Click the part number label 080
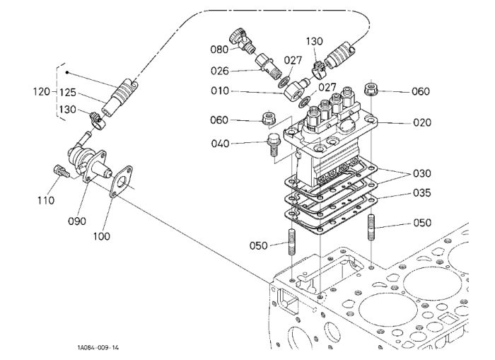[x=219, y=50]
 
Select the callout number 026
[x=219, y=71]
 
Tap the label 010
[x=220, y=91]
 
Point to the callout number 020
[x=422, y=122]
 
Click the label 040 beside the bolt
[x=220, y=144]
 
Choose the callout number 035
[x=422, y=192]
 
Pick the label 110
[x=46, y=200]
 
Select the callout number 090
[x=77, y=221]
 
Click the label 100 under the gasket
[x=102, y=236]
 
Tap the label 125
[x=68, y=93]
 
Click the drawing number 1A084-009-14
[x=98, y=348]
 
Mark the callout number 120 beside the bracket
[x=42, y=92]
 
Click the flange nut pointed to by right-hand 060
[x=371, y=89]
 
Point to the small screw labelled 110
[x=62, y=171]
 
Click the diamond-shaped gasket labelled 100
[x=121, y=182]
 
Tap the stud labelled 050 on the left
[x=292, y=242]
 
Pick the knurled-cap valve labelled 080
[x=241, y=41]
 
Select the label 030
[x=422, y=173]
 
